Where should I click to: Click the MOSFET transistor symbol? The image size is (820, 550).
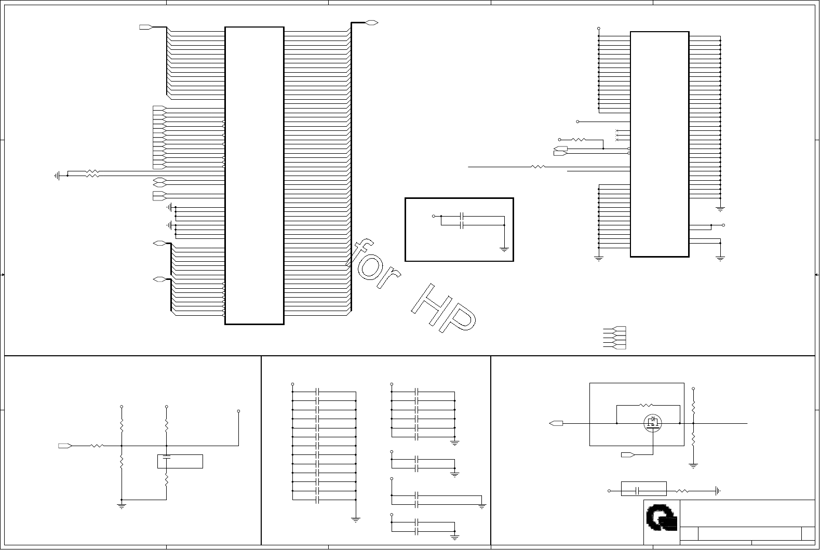[x=653, y=423]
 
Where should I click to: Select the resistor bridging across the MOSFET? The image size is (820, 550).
[x=647, y=405]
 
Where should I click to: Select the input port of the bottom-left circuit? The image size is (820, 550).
[x=65, y=446]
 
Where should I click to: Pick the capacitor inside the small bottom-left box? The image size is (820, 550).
[x=166, y=458]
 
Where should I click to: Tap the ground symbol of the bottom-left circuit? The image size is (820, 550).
[x=122, y=505]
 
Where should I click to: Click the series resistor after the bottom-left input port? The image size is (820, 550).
[x=97, y=446]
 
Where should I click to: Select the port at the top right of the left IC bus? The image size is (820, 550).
[x=372, y=23]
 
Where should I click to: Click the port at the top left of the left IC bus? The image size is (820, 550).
[x=145, y=27]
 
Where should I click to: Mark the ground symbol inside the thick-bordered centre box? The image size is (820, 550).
[x=504, y=249]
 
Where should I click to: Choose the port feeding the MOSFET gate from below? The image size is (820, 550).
[x=628, y=455]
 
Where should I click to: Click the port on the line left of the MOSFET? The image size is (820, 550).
[x=556, y=423]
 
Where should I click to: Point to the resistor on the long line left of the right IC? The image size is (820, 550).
[x=538, y=167]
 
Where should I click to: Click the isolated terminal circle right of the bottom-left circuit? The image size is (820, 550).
[x=238, y=411]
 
